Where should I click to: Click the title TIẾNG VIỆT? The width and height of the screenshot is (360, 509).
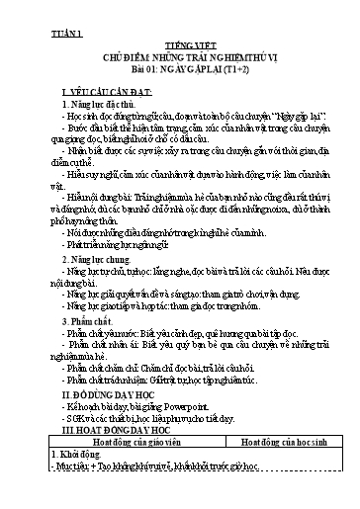coord(179,44)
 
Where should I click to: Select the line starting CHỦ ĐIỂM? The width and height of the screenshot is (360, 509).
coord(179,57)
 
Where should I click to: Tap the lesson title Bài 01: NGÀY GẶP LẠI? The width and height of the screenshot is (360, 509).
coord(179,70)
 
